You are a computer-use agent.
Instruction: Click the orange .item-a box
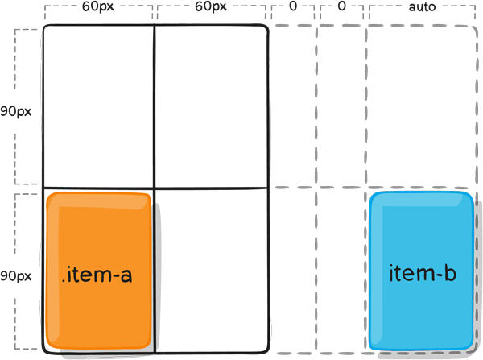point(98,271)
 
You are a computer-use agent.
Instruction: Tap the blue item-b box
point(422,271)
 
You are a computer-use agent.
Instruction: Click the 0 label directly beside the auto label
point(341,6)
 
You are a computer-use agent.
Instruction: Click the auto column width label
point(423,6)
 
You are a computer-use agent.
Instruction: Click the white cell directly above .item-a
point(98,106)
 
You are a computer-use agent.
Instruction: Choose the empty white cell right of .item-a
point(210,271)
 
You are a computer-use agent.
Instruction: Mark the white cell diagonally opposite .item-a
point(210,106)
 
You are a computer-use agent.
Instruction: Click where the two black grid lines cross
point(155,188)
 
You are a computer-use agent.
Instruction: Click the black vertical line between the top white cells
point(155,106)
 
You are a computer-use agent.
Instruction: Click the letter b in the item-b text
point(449,273)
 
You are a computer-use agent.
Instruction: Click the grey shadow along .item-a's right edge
point(156,274)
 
